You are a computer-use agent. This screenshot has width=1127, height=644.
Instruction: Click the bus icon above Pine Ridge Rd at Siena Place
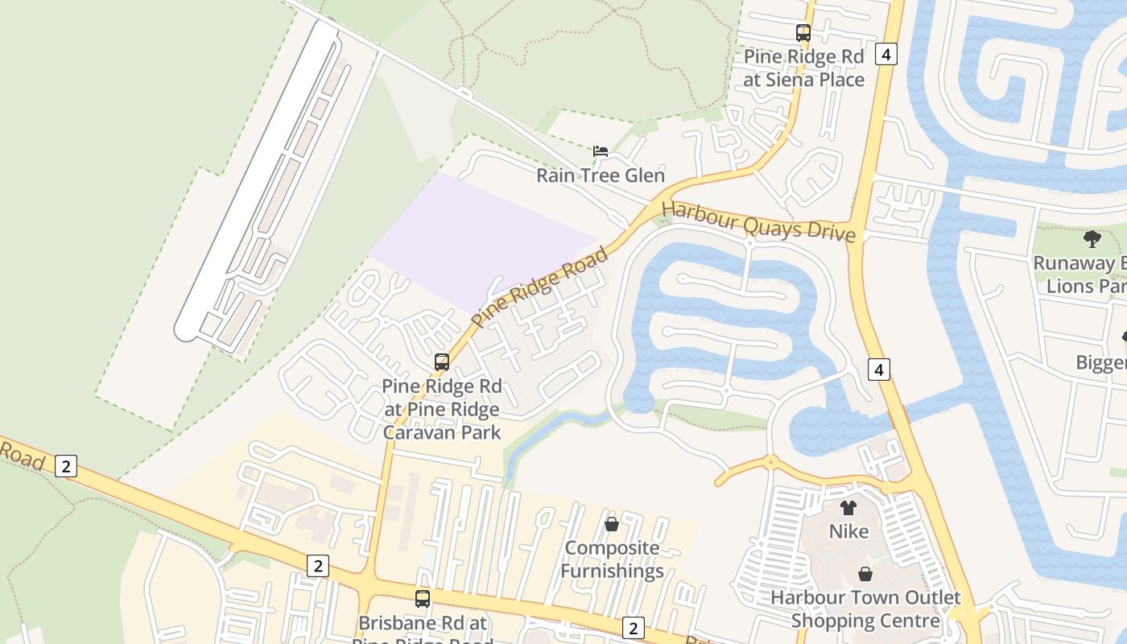pyautogui.click(x=803, y=33)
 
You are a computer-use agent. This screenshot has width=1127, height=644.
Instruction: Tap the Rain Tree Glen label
pyautogui.click(x=601, y=175)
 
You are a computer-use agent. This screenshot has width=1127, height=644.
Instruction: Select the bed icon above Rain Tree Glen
pyautogui.click(x=601, y=151)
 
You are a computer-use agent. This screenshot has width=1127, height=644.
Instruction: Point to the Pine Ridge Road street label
pyautogui.click(x=539, y=288)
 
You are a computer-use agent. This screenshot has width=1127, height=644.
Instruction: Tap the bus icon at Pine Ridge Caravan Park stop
pyautogui.click(x=441, y=362)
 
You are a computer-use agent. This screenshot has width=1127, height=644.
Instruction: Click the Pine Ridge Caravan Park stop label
pyautogui.click(x=441, y=409)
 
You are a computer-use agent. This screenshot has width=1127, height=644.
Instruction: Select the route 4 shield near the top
pyautogui.click(x=886, y=55)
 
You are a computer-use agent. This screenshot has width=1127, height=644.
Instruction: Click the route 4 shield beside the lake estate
pyautogui.click(x=878, y=369)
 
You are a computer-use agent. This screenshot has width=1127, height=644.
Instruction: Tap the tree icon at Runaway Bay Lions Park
pyautogui.click(x=1092, y=239)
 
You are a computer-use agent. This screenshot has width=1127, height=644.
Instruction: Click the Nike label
pyautogui.click(x=848, y=531)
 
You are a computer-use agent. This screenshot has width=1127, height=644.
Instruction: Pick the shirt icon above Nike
pyautogui.click(x=848, y=507)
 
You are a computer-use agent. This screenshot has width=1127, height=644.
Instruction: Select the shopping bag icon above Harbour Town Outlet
pyautogui.click(x=865, y=574)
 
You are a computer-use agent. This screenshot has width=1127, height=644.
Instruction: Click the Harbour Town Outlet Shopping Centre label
pyautogui.click(x=865, y=609)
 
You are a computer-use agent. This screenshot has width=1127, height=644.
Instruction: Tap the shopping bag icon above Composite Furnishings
pyautogui.click(x=612, y=524)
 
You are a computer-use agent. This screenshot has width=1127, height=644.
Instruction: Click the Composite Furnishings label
pyautogui.click(x=612, y=559)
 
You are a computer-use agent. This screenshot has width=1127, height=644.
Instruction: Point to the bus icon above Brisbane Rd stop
pyautogui.click(x=422, y=598)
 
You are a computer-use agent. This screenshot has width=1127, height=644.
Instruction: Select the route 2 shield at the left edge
pyautogui.click(x=66, y=465)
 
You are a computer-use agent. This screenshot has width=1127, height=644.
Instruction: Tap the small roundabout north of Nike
pyautogui.click(x=770, y=462)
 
